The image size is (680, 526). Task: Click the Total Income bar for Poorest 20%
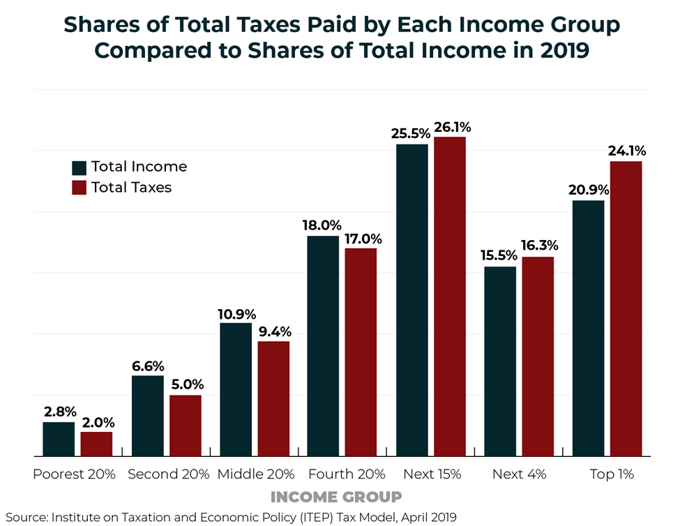point(59,439)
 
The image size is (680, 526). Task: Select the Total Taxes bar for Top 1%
point(626,308)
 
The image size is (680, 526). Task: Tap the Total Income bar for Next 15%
point(412,300)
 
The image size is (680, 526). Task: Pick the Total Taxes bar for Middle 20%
point(273,398)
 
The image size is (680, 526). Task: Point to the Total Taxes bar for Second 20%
point(185,426)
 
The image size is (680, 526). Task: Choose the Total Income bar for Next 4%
point(500,361)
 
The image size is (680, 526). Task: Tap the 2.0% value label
point(96,422)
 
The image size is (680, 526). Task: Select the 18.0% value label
point(322,225)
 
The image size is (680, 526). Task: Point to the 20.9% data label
point(589,190)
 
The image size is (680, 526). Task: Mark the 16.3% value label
point(538,246)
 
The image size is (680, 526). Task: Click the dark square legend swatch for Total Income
point(79,167)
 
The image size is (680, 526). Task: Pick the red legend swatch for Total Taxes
point(79,188)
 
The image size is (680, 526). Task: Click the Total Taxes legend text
point(131,188)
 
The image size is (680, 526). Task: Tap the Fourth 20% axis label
point(346,474)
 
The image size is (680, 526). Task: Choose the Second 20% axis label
point(168,474)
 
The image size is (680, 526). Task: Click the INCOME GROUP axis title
point(335,497)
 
